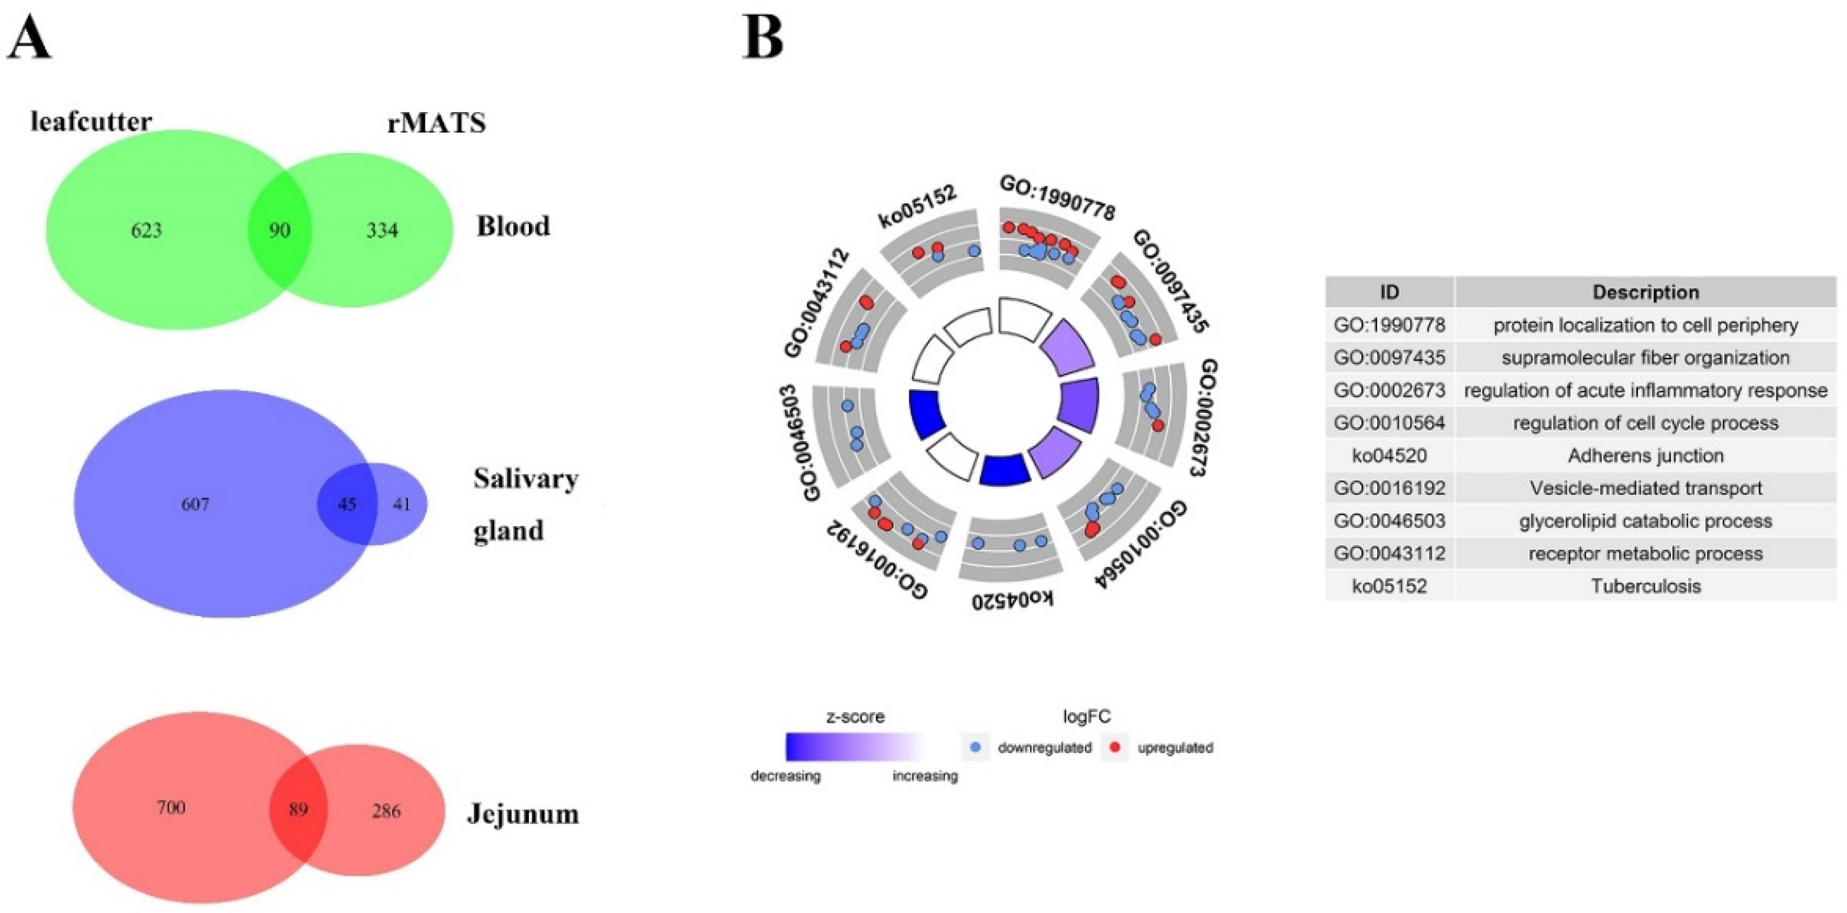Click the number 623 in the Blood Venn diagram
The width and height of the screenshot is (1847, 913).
tap(146, 230)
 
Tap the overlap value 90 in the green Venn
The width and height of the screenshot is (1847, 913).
tap(279, 230)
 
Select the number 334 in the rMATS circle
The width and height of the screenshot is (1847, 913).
tap(382, 230)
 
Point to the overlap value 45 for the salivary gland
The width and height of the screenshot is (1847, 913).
tap(347, 504)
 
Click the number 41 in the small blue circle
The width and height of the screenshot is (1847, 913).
tap(401, 504)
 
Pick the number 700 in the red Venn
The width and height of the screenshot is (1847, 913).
tap(171, 808)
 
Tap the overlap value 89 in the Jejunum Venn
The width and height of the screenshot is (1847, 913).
tap(298, 810)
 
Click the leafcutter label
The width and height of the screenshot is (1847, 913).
tap(91, 121)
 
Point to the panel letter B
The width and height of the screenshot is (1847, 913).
tap(763, 38)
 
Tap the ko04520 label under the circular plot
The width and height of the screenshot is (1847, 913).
tap(1012, 598)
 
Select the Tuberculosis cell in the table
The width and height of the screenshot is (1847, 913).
tap(1645, 586)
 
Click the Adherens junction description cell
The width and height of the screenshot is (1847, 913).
tap(1645, 456)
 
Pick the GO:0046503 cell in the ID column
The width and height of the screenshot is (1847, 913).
tap(1389, 521)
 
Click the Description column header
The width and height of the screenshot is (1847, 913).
tap(1645, 292)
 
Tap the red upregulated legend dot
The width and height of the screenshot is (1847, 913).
tap(1115, 747)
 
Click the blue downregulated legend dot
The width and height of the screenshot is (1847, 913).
tap(975, 747)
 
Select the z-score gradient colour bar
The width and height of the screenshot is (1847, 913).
tap(855, 746)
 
